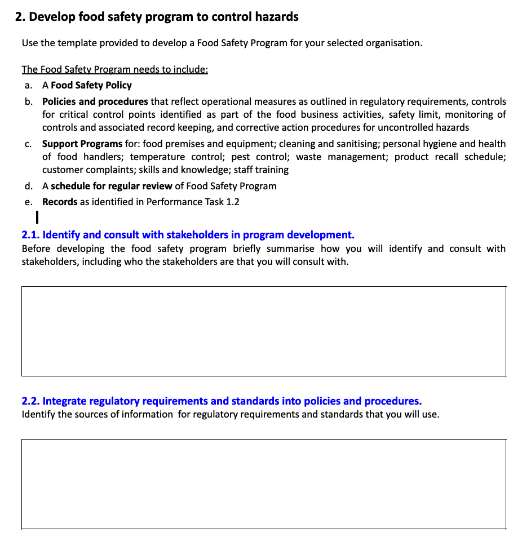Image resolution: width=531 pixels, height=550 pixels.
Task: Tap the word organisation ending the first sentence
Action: coord(392,43)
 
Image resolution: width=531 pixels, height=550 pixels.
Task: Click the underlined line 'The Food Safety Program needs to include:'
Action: coord(115,70)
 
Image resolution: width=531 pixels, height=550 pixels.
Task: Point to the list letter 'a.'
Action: coord(28,86)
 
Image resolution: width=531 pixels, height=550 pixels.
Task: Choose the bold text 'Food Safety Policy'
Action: coord(91,86)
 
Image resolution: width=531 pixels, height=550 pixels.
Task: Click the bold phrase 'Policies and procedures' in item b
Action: coord(95,102)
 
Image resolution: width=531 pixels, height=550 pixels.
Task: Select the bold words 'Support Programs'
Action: coord(82,144)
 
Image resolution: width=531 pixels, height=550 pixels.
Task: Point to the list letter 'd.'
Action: coord(28,187)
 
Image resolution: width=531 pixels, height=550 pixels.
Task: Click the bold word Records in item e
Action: coord(60,202)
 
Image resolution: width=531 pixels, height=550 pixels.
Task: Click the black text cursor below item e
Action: coord(36,216)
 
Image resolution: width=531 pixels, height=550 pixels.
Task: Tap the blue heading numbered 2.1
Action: coord(188,235)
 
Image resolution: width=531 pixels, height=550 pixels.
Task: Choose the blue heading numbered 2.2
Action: coord(222,401)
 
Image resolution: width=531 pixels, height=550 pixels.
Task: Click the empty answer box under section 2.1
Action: coord(264,331)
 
